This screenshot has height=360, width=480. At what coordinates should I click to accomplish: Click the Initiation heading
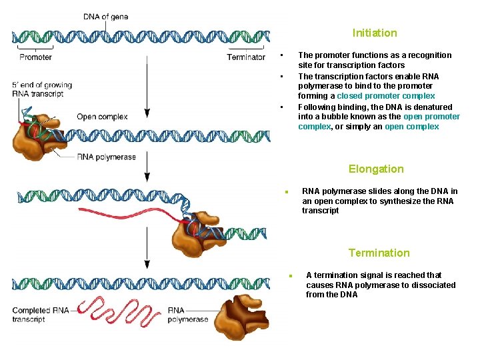click(375, 33)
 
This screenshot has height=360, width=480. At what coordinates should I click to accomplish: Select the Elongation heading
click(376, 169)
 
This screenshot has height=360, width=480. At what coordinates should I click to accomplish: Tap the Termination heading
click(379, 253)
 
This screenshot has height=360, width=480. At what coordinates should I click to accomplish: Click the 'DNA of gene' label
click(106, 17)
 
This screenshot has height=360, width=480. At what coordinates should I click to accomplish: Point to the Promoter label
click(35, 57)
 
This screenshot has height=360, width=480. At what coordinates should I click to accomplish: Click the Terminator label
click(246, 57)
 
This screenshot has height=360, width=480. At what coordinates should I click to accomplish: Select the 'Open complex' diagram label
click(102, 117)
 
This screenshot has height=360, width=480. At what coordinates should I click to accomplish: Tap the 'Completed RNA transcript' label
click(40, 315)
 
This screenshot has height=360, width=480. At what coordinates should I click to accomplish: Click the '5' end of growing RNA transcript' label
click(41, 89)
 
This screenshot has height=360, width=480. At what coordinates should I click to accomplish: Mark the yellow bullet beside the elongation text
click(285, 192)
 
